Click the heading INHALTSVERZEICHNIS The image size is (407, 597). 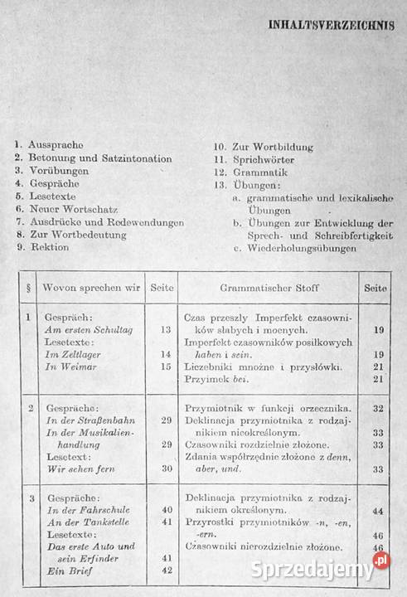click(329, 25)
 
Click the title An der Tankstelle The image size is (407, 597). click(90, 522)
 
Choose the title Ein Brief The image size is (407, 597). click(69, 570)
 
